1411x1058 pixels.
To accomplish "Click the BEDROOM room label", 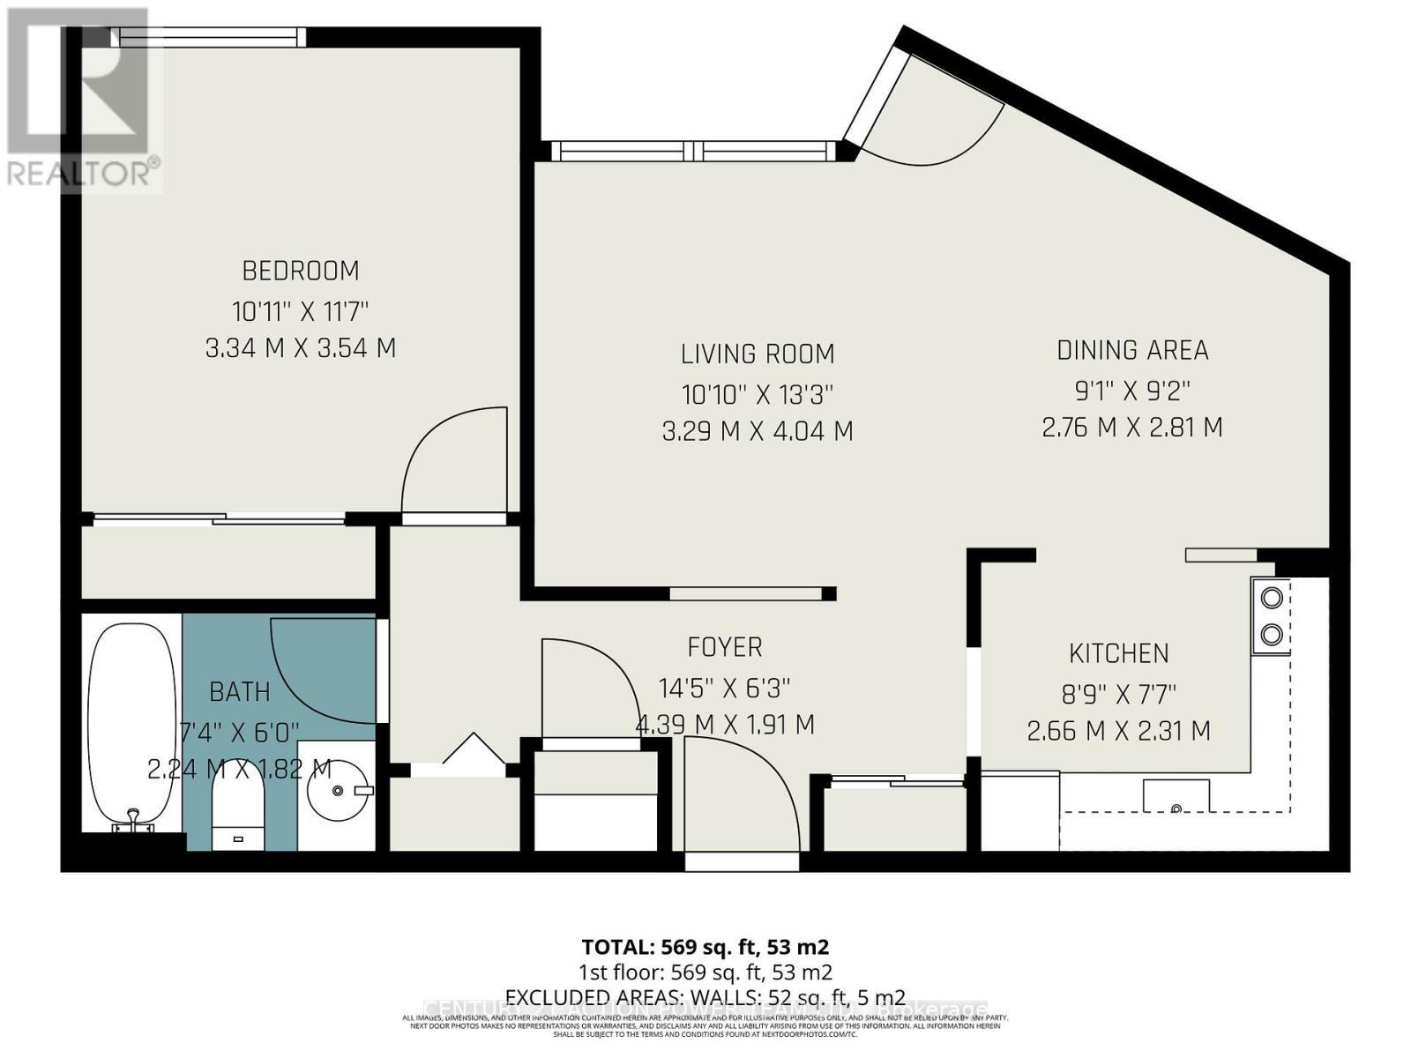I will point(300,270).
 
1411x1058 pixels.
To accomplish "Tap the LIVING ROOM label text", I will point(757,354).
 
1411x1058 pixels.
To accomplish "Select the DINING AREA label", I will point(1131,350).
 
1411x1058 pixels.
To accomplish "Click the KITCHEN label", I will point(1118,653).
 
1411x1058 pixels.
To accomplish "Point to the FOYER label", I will point(724,647).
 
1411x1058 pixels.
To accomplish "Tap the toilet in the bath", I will point(238,807).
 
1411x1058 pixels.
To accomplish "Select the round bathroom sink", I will point(338,791).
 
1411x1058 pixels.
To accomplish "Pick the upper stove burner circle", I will point(1271,598).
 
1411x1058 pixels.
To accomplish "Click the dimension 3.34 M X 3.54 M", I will point(300,348).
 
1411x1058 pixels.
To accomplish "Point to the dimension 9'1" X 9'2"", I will point(1131,390).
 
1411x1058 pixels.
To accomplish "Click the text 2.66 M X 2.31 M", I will point(1118,731).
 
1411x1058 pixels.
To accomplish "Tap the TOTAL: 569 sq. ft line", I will point(705,947).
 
